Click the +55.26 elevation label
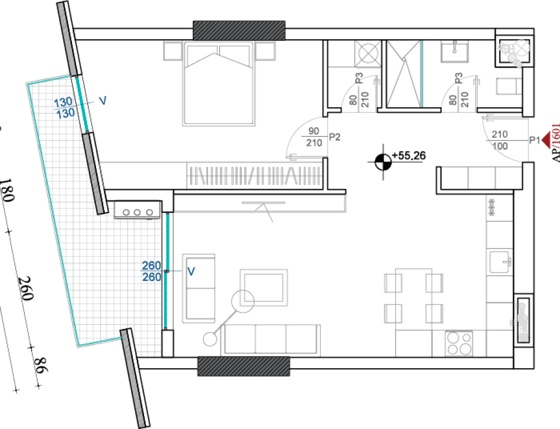(409, 156)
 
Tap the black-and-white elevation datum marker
(383, 162)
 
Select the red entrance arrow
(547, 140)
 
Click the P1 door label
(534, 140)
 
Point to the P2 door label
(334, 137)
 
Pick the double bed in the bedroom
(218, 84)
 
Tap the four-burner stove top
(459, 344)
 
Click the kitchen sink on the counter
(500, 262)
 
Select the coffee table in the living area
(264, 288)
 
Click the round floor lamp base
(210, 339)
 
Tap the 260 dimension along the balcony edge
(26, 288)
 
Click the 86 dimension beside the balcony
(40, 365)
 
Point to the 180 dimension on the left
(7, 190)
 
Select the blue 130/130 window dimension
(64, 107)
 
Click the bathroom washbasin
(454, 51)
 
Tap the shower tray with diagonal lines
(404, 74)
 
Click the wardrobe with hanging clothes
(254, 175)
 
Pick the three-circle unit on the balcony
(137, 210)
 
